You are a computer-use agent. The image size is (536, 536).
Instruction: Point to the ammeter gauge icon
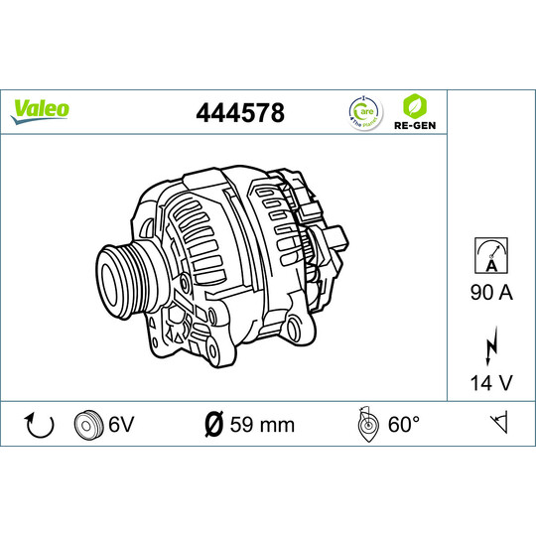tap(490, 255)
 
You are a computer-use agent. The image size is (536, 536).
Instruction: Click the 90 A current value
tap(490, 293)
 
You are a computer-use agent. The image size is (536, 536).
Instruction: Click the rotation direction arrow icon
tap(39, 425)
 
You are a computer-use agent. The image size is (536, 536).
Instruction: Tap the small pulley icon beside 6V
tap(88, 425)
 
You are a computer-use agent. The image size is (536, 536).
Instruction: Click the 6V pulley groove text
tap(120, 425)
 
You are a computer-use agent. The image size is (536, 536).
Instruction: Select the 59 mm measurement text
tap(262, 425)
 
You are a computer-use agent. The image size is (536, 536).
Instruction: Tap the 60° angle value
tap(403, 425)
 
